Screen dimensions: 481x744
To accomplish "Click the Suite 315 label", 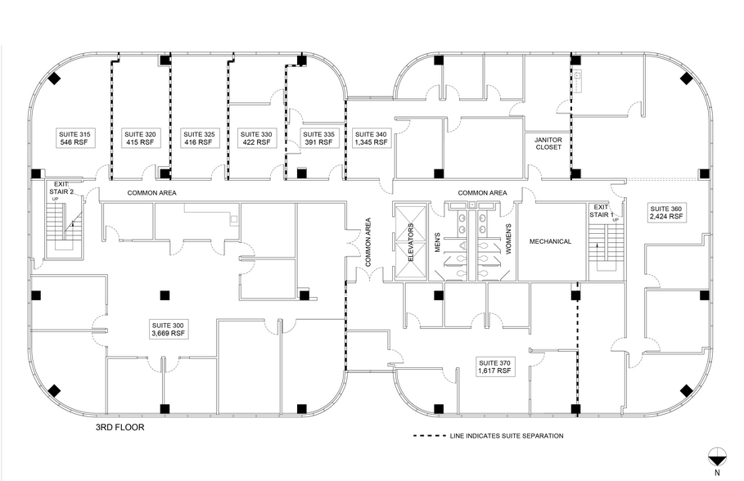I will coord(73,137).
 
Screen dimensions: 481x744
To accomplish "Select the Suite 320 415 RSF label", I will coord(139,137).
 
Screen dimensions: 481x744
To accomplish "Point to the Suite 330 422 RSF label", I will coord(255,137).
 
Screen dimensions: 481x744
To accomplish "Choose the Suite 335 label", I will coord(318,137).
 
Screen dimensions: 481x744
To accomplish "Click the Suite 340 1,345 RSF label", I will coord(370,137).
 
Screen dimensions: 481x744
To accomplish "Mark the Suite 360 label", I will coord(665,213).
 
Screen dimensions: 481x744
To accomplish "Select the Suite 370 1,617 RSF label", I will coord(494,366).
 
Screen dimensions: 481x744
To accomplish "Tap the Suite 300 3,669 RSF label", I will coord(167,328).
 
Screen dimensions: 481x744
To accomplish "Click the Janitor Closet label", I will coord(542,143).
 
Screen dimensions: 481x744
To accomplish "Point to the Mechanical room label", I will coord(550,241).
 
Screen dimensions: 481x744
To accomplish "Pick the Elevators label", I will coord(412,241).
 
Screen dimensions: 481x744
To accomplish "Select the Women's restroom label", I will coord(507,241).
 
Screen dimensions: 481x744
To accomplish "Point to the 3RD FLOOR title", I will coord(119,426).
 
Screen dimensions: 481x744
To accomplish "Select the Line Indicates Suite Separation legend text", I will coord(506,436).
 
